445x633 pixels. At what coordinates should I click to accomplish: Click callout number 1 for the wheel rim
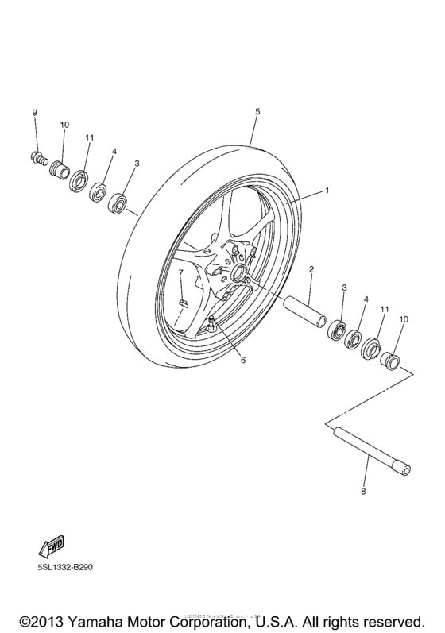coord(326,192)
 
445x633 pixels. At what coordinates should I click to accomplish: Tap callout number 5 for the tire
coord(257,113)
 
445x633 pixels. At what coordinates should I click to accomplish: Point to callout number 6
coord(243,360)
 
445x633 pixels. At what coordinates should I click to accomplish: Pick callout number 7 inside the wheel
coord(180,272)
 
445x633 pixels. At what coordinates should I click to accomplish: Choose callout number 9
coord(34,113)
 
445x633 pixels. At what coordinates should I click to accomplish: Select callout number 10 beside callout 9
coord(64,125)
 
